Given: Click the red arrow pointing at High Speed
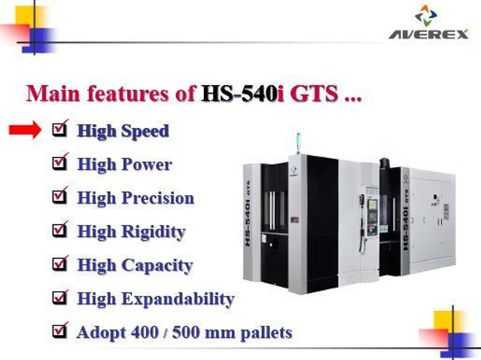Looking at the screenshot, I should click(x=25, y=131).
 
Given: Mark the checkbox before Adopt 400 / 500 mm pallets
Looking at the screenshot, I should click(x=59, y=331).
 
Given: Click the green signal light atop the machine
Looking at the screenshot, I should click(x=297, y=138).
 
